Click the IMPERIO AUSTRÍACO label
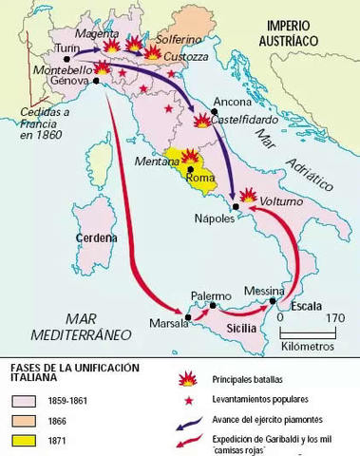(x=300, y=33)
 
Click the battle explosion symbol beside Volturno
(x=249, y=195)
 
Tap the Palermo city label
(x=211, y=295)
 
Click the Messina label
(x=263, y=290)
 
